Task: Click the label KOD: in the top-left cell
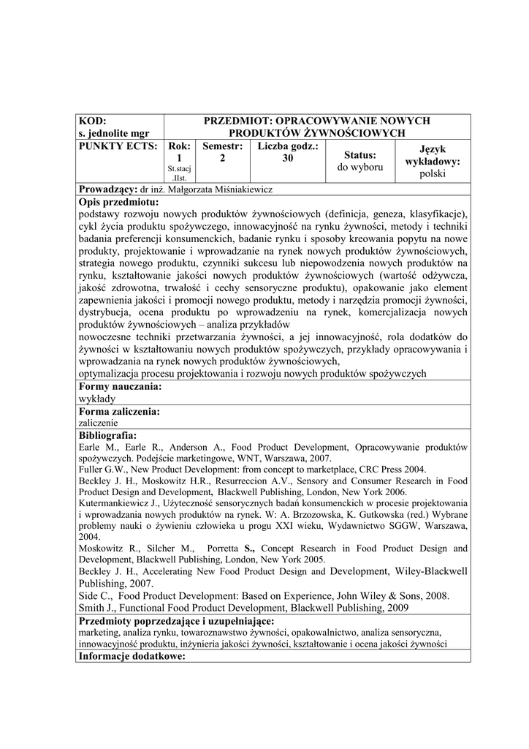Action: (92, 121)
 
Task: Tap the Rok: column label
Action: (179, 146)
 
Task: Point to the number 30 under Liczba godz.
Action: (288, 158)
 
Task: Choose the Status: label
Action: (360, 155)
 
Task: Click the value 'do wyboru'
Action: (360, 168)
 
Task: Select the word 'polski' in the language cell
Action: (438, 174)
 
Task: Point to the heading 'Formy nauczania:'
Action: (120, 386)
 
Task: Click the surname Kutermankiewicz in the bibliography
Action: (118, 503)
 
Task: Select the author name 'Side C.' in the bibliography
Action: (94, 595)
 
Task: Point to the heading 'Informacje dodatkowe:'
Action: (132, 656)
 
